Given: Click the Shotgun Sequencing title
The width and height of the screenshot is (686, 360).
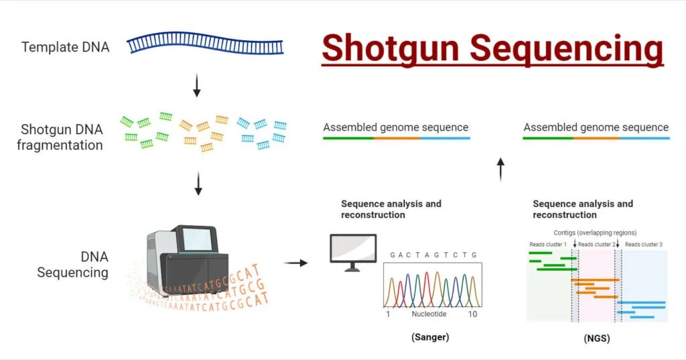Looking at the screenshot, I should point(492,48).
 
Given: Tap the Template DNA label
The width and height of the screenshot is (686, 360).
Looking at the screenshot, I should point(65,48).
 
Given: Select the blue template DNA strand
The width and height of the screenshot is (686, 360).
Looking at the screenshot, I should point(205,45).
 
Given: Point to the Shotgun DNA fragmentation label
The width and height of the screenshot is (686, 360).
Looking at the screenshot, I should point(62,137).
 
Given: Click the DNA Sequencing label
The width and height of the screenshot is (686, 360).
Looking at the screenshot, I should point(72,264).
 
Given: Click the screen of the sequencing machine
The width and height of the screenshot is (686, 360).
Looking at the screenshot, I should point(199,240).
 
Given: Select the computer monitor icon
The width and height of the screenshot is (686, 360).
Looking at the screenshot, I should point(352,251).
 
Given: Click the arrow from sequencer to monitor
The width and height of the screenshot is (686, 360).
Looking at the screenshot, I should point(295,263).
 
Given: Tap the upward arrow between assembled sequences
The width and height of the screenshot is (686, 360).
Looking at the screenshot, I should point(500,170).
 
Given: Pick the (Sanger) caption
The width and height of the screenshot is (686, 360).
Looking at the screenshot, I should point(429,337).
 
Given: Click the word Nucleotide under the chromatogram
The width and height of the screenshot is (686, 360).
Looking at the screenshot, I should point(429,314).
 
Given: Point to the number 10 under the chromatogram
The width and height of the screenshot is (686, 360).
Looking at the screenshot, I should point(472,314).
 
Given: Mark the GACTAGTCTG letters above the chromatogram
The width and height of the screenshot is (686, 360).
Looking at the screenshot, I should point(433,255).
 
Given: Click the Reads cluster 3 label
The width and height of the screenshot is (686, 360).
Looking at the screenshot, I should point(643,245).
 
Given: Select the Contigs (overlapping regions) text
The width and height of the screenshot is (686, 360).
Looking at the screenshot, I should point(595,233).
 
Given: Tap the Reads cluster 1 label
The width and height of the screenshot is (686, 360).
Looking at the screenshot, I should point(547,245).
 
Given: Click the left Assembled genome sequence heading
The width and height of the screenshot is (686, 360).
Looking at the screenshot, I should point(395,127).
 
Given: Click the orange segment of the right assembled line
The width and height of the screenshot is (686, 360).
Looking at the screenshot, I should point(596,138).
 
